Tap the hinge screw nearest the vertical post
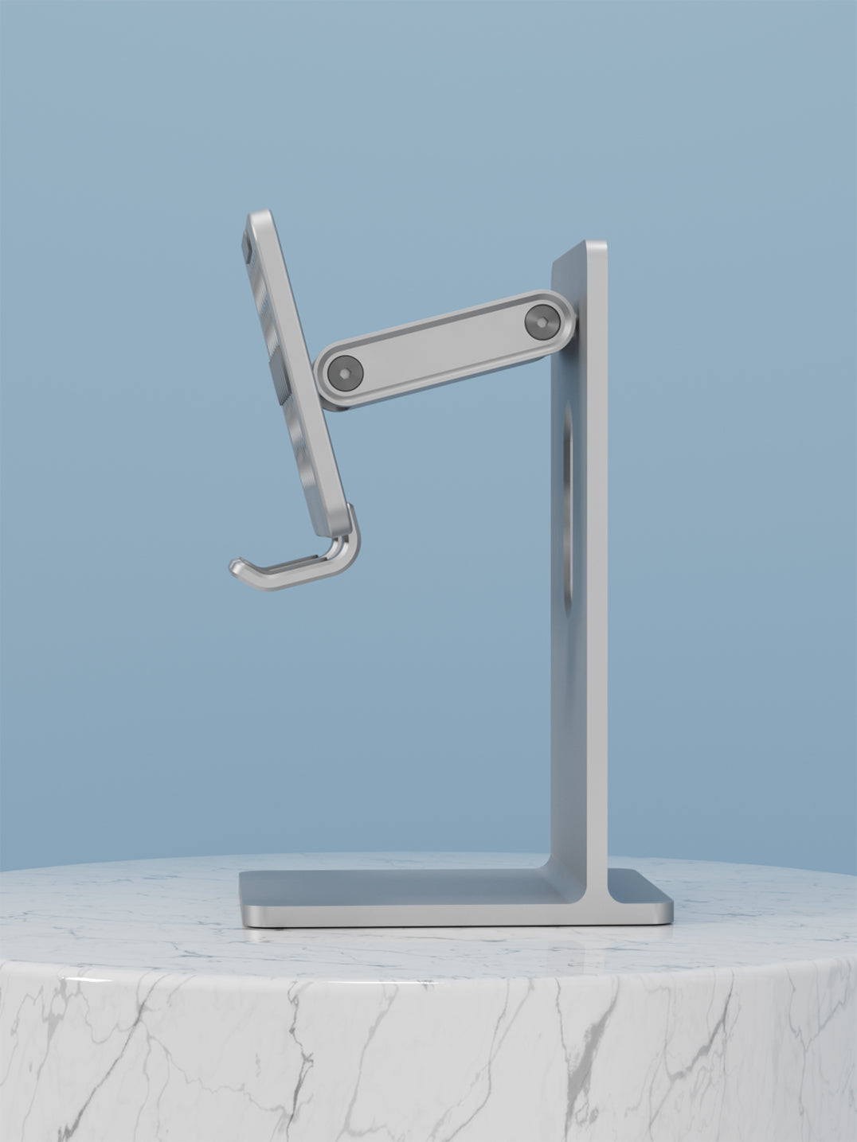coord(541,321)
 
